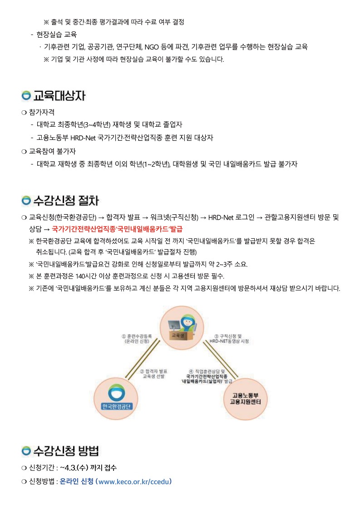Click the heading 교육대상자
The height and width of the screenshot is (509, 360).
pyautogui.click(x=59, y=96)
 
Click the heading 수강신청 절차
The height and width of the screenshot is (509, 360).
pyautogui.click(x=66, y=201)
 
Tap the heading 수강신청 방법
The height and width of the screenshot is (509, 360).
pyautogui.click(x=66, y=451)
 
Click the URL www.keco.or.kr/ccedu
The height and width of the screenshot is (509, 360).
pyautogui.click(x=133, y=481)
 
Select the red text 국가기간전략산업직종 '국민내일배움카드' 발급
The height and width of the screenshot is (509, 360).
pyautogui.click(x=117, y=229)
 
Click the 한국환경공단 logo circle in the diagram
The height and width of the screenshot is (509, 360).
pyautogui.click(x=116, y=399)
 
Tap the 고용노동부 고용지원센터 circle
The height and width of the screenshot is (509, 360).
pyautogui.click(x=246, y=399)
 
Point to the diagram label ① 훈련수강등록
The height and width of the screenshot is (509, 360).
pyautogui.click(x=137, y=336)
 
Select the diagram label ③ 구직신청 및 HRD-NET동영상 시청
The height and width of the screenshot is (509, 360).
pyautogui.click(x=229, y=339)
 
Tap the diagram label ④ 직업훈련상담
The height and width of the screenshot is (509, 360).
pyautogui.click(x=207, y=371)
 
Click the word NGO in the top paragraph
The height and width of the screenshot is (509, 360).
pyautogui.click(x=152, y=47)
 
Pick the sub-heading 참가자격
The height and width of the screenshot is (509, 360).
pyautogui.click(x=42, y=112)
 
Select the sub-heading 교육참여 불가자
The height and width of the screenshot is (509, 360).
pyautogui.click(x=52, y=151)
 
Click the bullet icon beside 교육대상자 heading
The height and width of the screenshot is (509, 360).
pyautogui.click(x=26, y=96)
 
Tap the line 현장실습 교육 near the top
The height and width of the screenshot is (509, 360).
pyautogui.click(x=56, y=35)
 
